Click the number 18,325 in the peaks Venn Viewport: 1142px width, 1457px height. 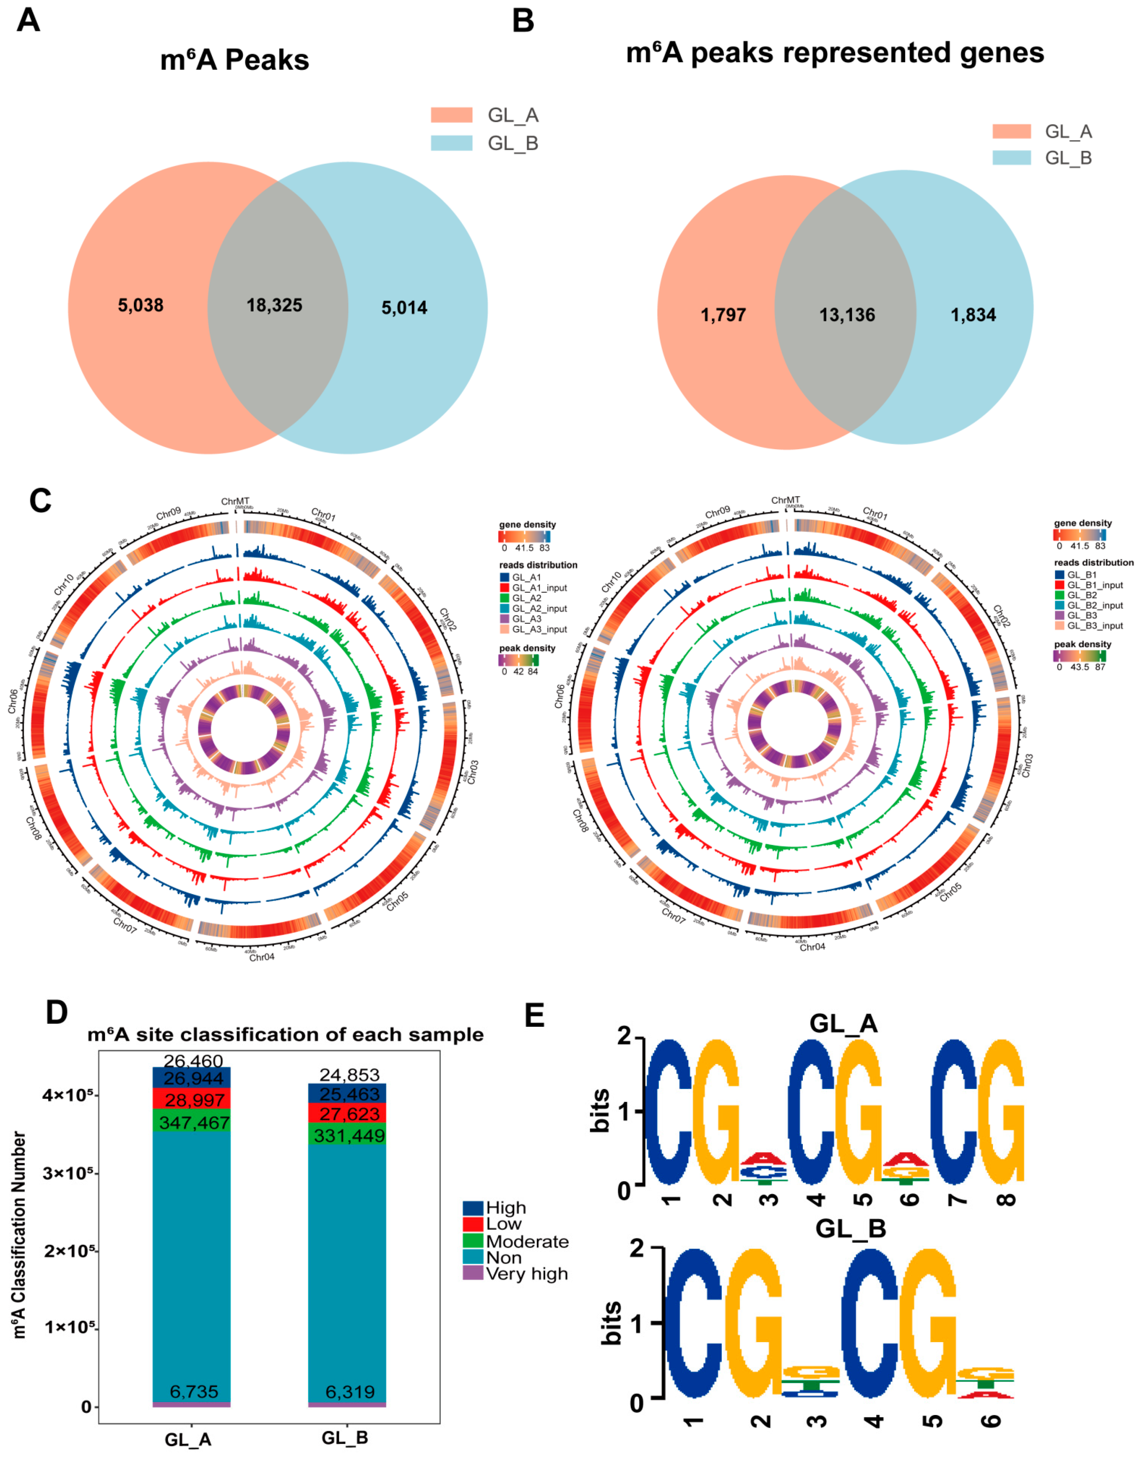274,306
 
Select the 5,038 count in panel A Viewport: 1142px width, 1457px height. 141,306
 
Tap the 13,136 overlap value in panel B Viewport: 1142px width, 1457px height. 847,315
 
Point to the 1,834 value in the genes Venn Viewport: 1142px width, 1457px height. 973,315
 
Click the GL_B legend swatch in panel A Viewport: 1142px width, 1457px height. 451,143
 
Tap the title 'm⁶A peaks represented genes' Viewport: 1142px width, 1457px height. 835,53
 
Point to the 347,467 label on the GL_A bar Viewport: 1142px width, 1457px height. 194,1123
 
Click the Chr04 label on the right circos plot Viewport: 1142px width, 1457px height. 812,947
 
